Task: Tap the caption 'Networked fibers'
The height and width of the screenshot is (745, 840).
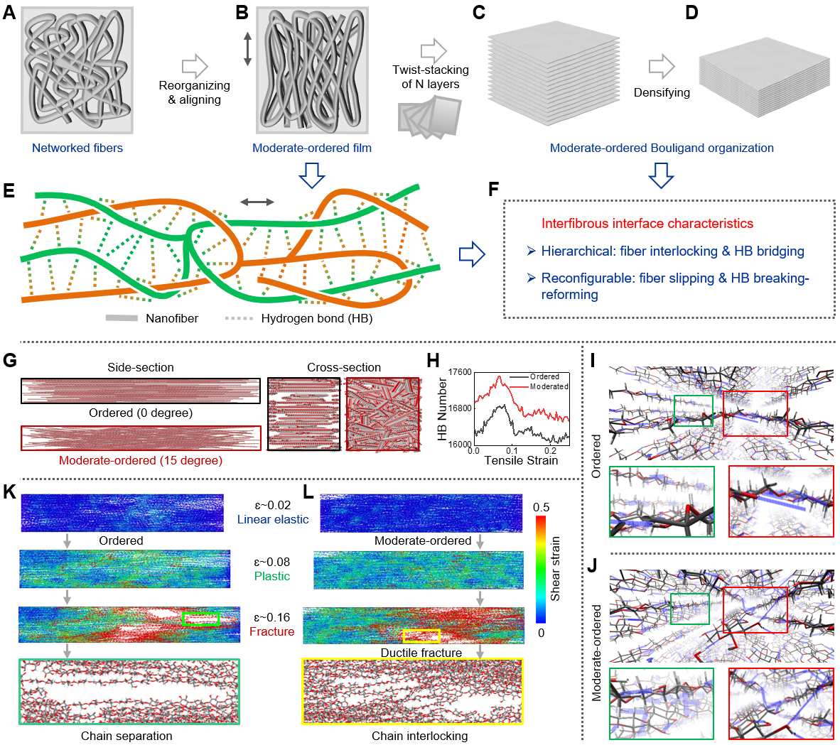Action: pyautogui.click(x=77, y=148)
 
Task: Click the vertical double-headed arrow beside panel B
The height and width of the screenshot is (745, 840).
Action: pyautogui.click(x=247, y=48)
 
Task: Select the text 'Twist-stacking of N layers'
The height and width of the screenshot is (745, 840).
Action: pyautogui.click(x=430, y=77)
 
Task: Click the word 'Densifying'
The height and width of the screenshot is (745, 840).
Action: pyautogui.click(x=662, y=92)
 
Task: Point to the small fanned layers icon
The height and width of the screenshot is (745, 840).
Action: pyautogui.click(x=429, y=117)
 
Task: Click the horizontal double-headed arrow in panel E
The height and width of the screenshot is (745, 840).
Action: pyautogui.click(x=257, y=202)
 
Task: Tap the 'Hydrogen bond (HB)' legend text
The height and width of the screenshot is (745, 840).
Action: pyautogui.click(x=316, y=318)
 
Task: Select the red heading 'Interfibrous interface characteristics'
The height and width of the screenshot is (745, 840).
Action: pyautogui.click(x=647, y=224)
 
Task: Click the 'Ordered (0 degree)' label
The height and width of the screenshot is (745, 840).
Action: pyautogui.click(x=141, y=413)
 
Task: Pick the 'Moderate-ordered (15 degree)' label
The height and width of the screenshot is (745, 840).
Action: pyautogui.click(x=141, y=460)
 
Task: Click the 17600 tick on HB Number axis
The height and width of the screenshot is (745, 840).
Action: pyautogui.click(x=460, y=372)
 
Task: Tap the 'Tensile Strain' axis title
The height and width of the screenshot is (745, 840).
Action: pyautogui.click(x=521, y=460)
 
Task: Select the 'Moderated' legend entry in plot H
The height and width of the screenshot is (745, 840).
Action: pyautogui.click(x=549, y=386)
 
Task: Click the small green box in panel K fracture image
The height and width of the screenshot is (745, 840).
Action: pyautogui.click(x=201, y=619)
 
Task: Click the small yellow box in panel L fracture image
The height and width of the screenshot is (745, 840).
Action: pyautogui.click(x=421, y=636)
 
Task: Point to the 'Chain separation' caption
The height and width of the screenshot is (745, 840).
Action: pyautogui.click(x=126, y=736)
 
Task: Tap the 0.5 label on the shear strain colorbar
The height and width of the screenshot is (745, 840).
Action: pyautogui.click(x=541, y=507)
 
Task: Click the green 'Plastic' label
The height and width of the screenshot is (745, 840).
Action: pyautogui.click(x=272, y=576)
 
